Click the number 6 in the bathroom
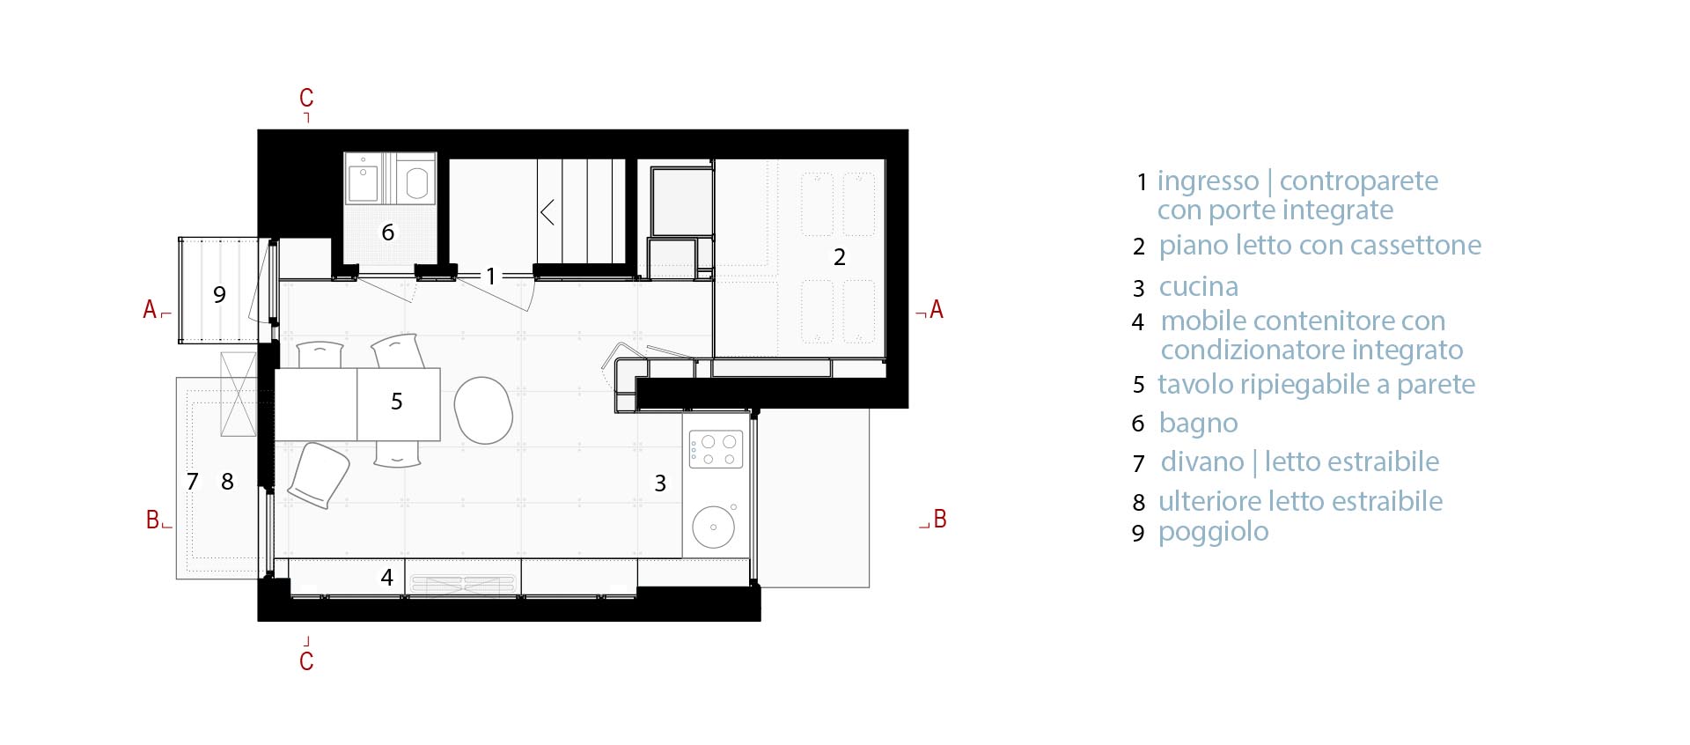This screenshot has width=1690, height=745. pyautogui.click(x=387, y=232)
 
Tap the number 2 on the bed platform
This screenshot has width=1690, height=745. pyautogui.click(x=840, y=257)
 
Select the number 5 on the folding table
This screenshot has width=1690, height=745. pyautogui.click(x=397, y=402)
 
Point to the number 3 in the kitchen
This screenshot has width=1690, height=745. pyautogui.click(x=660, y=483)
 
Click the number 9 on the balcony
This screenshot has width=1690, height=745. pyautogui.click(x=219, y=294)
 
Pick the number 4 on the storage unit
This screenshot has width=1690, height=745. pyautogui.click(x=386, y=578)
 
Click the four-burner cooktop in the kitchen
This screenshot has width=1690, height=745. pyautogui.click(x=716, y=449)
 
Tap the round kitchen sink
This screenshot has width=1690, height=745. pyautogui.click(x=714, y=527)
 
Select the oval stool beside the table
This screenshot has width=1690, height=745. pyautogui.click(x=483, y=410)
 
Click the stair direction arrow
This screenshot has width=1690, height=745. pyautogui.click(x=547, y=212)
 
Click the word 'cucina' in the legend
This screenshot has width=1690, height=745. pyautogui.click(x=1199, y=287)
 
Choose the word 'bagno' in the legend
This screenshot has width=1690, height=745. pyautogui.click(x=1199, y=424)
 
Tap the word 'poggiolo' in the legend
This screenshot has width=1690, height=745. pyautogui.click(x=1214, y=532)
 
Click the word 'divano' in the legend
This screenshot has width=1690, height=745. pyautogui.click(x=1202, y=461)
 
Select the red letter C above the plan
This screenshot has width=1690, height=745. pyautogui.click(x=306, y=98)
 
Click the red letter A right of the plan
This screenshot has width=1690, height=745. pyautogui.click(x=937, y=310)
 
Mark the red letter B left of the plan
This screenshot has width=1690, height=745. pyautogui.click(x=153, y=520)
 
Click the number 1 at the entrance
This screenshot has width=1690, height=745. pyautogui.click(x=491, y=277)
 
